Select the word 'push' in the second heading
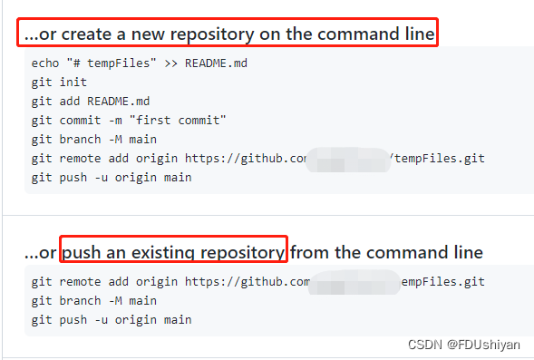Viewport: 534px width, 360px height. (x=83, y=251)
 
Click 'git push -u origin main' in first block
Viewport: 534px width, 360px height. (x=111, y=177)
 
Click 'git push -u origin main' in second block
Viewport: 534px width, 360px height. (x=111, y=319)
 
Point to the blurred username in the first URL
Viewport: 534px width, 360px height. (x=349, y=160)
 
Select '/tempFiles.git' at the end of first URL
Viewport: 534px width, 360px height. (x=438, y=158)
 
